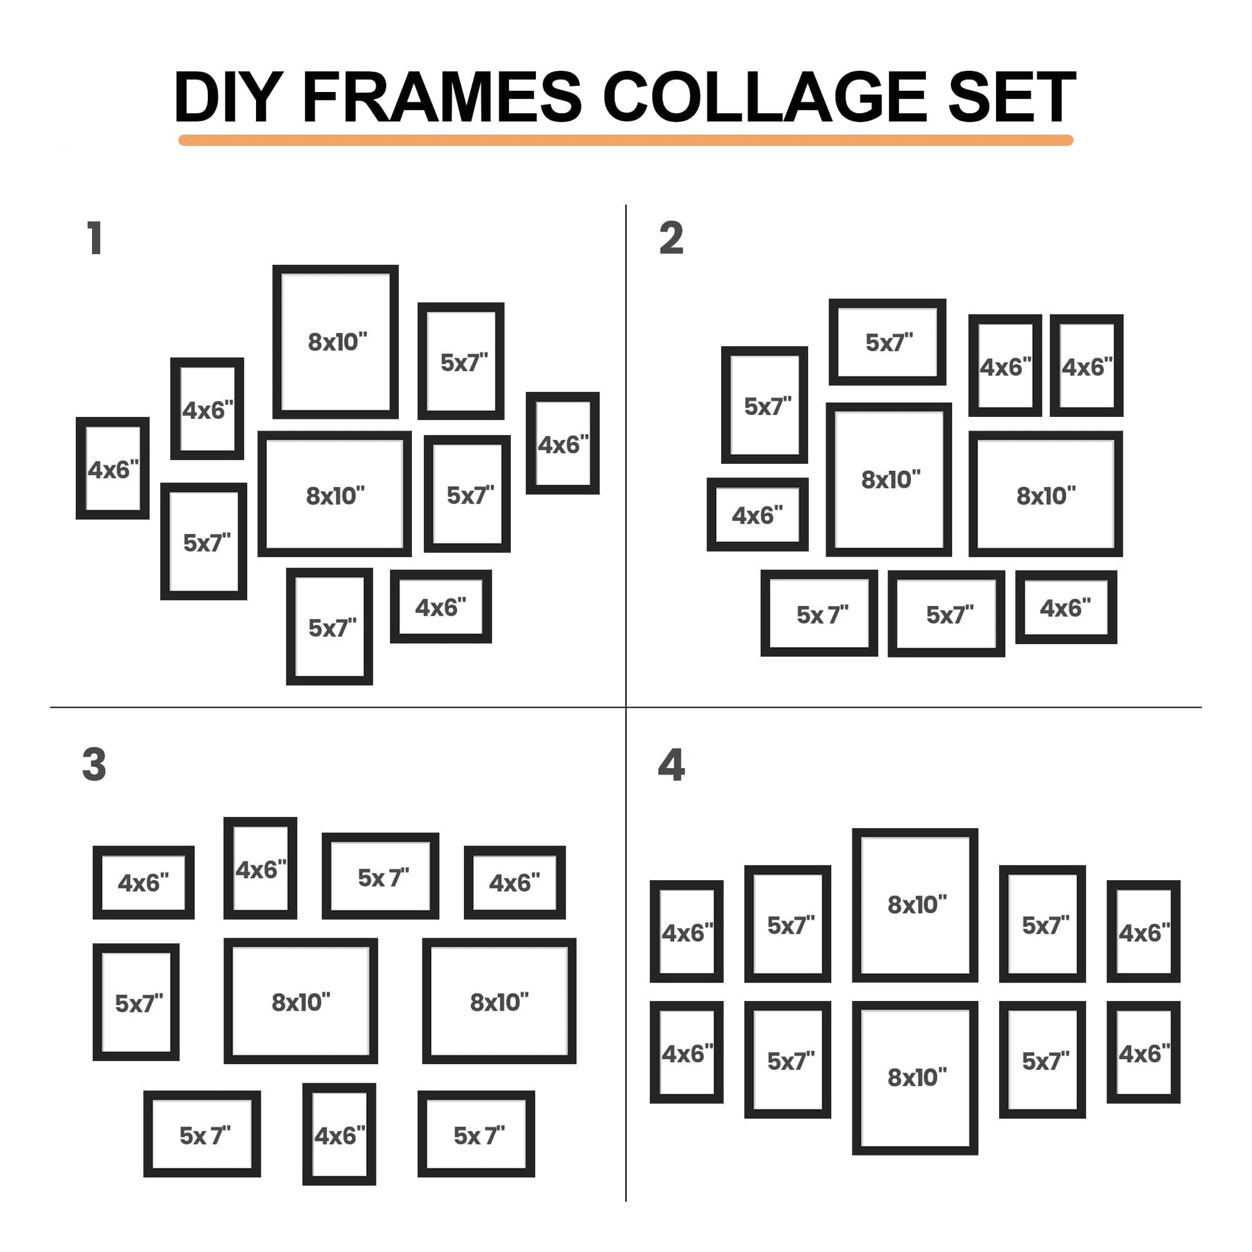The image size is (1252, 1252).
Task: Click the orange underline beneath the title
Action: click(x=625, y=140)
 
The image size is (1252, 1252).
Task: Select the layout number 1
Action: click(x=95, y=238)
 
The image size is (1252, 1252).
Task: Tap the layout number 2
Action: click(x=672, y=238)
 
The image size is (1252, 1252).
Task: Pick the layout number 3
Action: click(x=94, y=765)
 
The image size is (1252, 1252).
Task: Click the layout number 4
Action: click(x=672, y=765)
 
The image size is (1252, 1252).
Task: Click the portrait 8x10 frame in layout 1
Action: click(x=277, y=342)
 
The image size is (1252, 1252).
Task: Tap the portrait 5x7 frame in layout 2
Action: click(x=726, y=405)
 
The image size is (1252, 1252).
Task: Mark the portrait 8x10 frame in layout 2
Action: click(x=831, y=479)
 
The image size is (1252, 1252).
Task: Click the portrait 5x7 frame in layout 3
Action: click(x=97, y=1002)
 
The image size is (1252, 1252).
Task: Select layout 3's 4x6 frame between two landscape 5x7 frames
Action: click(x=307, y=1134)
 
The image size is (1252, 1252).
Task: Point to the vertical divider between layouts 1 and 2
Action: click(x=626, y=456)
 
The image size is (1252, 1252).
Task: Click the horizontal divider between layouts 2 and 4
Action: click(x=914, y=707)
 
